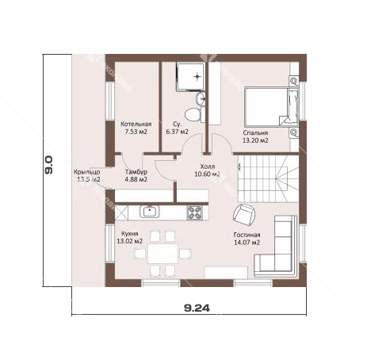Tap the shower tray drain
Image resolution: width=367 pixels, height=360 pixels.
tap(197, 77)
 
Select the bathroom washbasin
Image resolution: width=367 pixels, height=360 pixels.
tap(201, 99)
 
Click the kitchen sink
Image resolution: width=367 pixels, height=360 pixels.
tap(150, 211)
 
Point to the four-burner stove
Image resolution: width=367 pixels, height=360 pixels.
tap(195, 213)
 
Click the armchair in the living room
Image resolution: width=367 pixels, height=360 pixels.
tap(244, 214)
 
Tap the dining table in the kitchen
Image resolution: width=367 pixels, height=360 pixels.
tap(163, 254)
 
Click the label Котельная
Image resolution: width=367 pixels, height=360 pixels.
tap(136, 124)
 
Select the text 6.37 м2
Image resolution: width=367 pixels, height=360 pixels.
tap(177, 132)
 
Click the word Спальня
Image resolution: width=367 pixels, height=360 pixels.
tap(255, 133)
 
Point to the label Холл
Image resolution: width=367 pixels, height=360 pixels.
tap(208, 167)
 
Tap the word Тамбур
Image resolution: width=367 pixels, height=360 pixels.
tap(136, 172)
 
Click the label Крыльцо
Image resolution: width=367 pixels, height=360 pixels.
tap(87, 172)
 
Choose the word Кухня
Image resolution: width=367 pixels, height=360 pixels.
tap(129, 234)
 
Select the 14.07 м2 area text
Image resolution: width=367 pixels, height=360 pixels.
tap(247, 243)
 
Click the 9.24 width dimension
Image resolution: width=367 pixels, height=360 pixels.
tap(197, 308)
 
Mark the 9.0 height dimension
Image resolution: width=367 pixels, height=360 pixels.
tap(49, 164)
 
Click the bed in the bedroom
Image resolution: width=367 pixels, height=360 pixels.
tap(271, 107)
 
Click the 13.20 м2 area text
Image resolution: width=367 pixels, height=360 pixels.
tap(255, 140)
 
